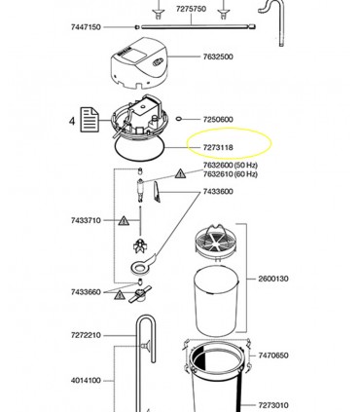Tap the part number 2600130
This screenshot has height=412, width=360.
[x=274, y=278]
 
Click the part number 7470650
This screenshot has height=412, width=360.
[x=274, y=356]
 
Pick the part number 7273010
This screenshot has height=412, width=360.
[x=274, y=404]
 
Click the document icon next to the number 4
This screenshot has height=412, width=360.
[x=90, y=121]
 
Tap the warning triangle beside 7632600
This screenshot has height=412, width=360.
[x=179, y=172]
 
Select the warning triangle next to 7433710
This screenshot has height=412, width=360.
[x=124, y=222]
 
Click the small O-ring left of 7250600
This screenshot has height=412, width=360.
[x=182, y=117]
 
